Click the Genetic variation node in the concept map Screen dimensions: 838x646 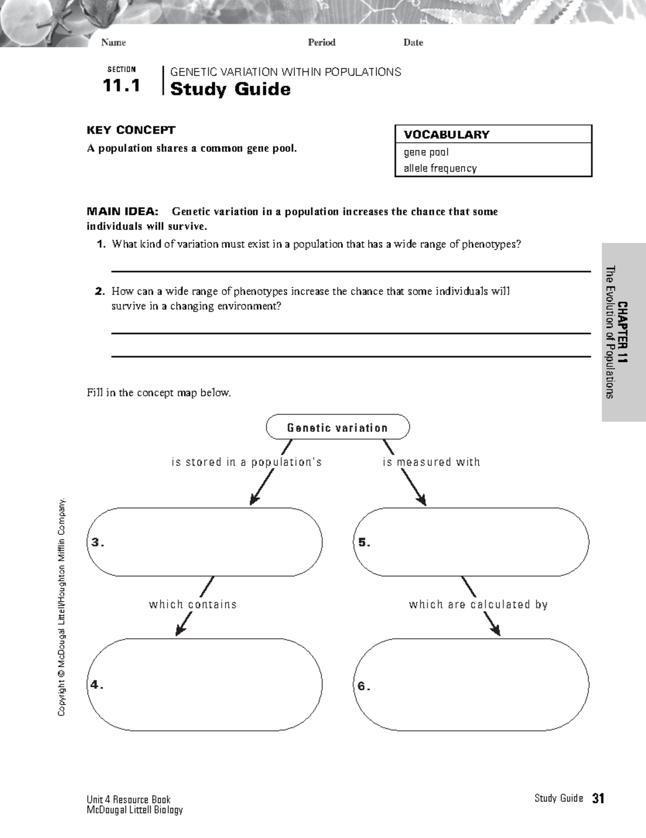[x=338, y=428]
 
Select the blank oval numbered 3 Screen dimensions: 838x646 [x=205, y=542]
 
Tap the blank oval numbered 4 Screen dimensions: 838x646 [x=205, y=685]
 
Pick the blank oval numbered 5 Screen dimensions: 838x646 [x=471, y=542]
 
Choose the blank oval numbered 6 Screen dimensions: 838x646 [x=471, y=685]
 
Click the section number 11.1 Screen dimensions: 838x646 [x=122, y=86]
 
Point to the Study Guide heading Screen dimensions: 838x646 [x=230, y=89]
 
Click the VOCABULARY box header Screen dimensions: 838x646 [x=447, y=135]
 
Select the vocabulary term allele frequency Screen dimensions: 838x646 [x=440, y=168]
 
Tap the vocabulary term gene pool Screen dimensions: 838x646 [x=426, y=152]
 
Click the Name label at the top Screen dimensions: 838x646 [x=113, y=43]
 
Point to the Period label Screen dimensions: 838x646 [x=321, y=43]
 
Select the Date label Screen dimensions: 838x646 [x=413, y=43]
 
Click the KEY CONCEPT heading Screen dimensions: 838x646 [x=131, y=130]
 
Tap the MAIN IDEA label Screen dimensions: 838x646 [x=123, y=212]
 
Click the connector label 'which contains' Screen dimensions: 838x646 [x=193, y=604]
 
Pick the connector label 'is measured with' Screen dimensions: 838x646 [x=431, y=462]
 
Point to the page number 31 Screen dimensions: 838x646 [x=598, y=799]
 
